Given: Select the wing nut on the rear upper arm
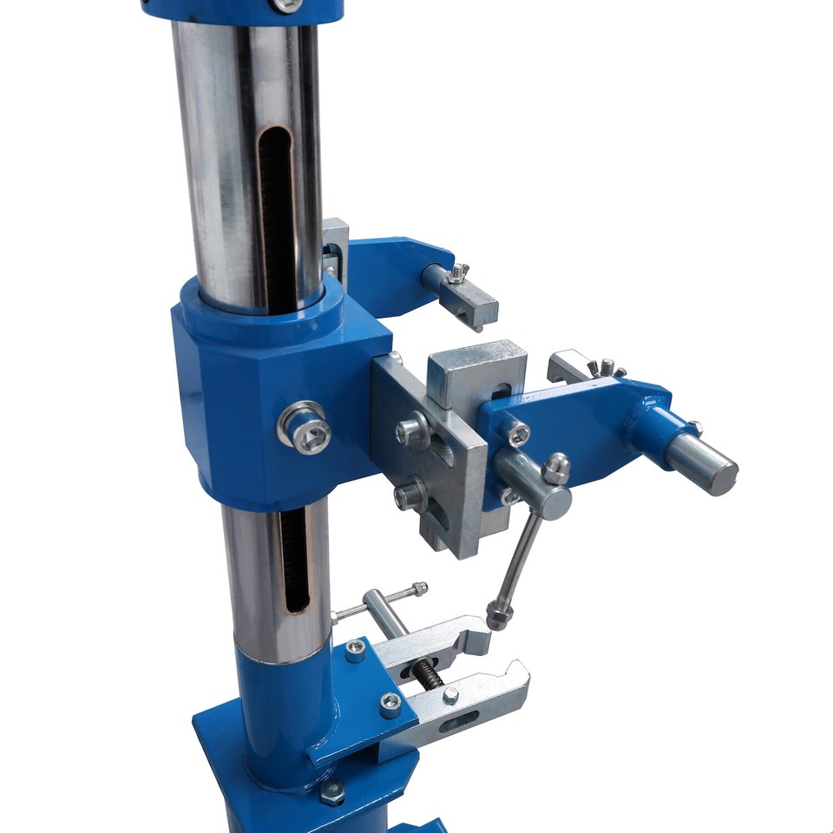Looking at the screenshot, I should (x=458, y=274).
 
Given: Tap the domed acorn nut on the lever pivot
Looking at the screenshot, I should (x=556, y=469).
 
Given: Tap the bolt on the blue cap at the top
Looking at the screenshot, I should (x=285, y=5).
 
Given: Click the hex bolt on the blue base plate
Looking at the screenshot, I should (x=331, y=791).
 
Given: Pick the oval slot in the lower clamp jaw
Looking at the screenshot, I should (x=457, y=718).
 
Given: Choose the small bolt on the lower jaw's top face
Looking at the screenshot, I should (x=450, y=695).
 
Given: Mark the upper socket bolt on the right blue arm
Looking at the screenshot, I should (x=518, y=434).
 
